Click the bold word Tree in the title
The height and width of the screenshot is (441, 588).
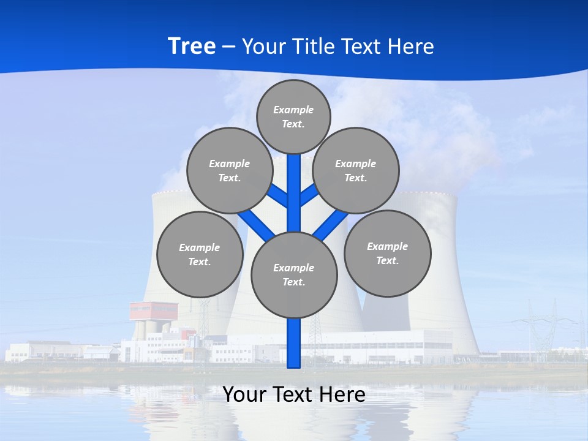(192, 47)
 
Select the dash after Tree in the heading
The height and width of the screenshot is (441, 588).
(228, 47)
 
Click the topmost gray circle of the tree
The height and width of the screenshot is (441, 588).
(293, 116)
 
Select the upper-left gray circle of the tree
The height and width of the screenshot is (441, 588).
(229, 170)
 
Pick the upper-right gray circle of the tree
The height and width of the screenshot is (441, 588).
(355, 170)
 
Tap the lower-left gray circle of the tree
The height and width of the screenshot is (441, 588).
(200, 254)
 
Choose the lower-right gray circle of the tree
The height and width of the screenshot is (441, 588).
(387, 253)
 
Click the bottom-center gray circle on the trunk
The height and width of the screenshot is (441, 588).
(294, 274)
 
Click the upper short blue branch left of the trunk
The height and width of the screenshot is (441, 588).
(277, 195)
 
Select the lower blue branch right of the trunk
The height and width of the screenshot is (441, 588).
(329, 225)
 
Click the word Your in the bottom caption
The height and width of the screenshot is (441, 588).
(244, 394)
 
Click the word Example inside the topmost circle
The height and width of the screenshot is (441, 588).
(293, 110)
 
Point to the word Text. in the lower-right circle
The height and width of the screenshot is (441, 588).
(387, 260)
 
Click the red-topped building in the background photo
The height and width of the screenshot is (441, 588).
(154, 311)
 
